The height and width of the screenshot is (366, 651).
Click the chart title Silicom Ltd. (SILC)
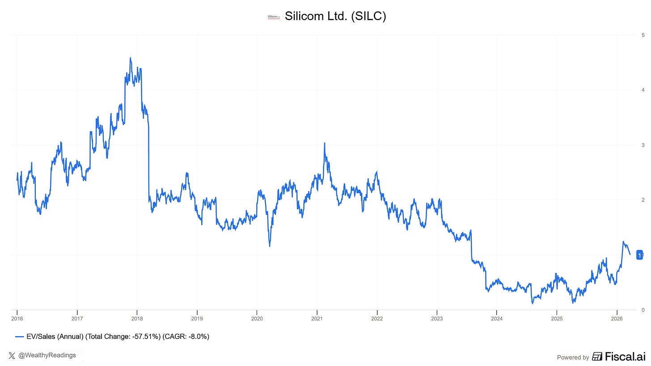[335, 17]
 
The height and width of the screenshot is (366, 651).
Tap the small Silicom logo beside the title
[273, 17]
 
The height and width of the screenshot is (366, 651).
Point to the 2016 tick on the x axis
[17, 318]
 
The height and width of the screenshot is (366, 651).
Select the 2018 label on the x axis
[137, 318]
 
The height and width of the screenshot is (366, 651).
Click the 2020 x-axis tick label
[257, 318]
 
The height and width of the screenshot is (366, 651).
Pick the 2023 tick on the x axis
[437, 318]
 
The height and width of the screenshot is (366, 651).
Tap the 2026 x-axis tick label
[617, 318]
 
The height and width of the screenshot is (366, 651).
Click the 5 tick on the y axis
[643, 35]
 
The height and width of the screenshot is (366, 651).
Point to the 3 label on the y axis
[643, 145]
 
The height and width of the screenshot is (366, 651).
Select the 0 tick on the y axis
[643, 310]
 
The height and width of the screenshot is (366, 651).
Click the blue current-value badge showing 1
[639, 255]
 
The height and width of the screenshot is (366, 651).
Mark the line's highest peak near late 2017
[130, 58]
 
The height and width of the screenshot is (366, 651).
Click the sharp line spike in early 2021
[324, 143]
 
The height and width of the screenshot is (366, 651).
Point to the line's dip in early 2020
[270, 246]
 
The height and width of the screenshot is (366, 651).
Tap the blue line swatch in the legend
[19, 337]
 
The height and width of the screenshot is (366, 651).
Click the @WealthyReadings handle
[47, 355]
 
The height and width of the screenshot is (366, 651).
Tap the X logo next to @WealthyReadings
[12, 356]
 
